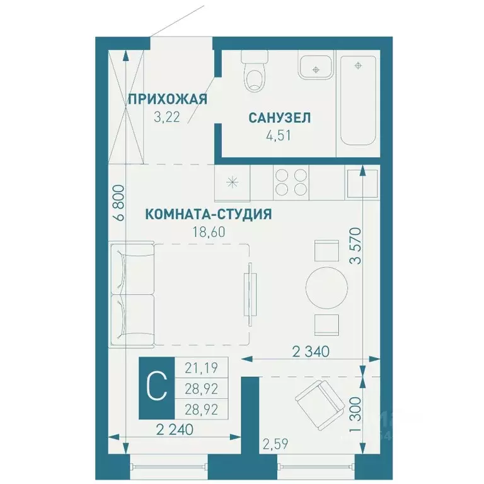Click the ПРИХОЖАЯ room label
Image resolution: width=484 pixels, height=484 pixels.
pos(167,99)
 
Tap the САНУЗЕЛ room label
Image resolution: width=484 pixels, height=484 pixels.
pos(280,117)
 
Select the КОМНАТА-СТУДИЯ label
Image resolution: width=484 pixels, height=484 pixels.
pos(209,214)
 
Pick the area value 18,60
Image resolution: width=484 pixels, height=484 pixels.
pos(209,232)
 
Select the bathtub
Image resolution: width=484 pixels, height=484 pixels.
pos(357,99)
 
